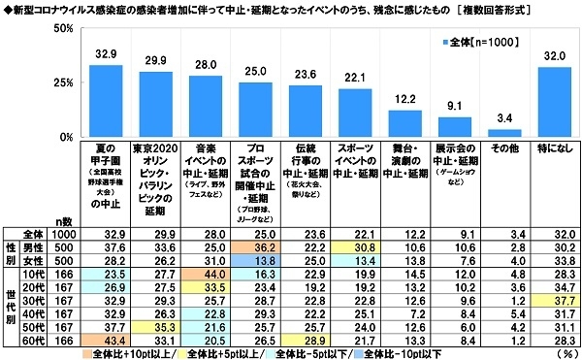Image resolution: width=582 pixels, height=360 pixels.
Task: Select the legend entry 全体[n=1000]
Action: (x=483, y=44)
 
